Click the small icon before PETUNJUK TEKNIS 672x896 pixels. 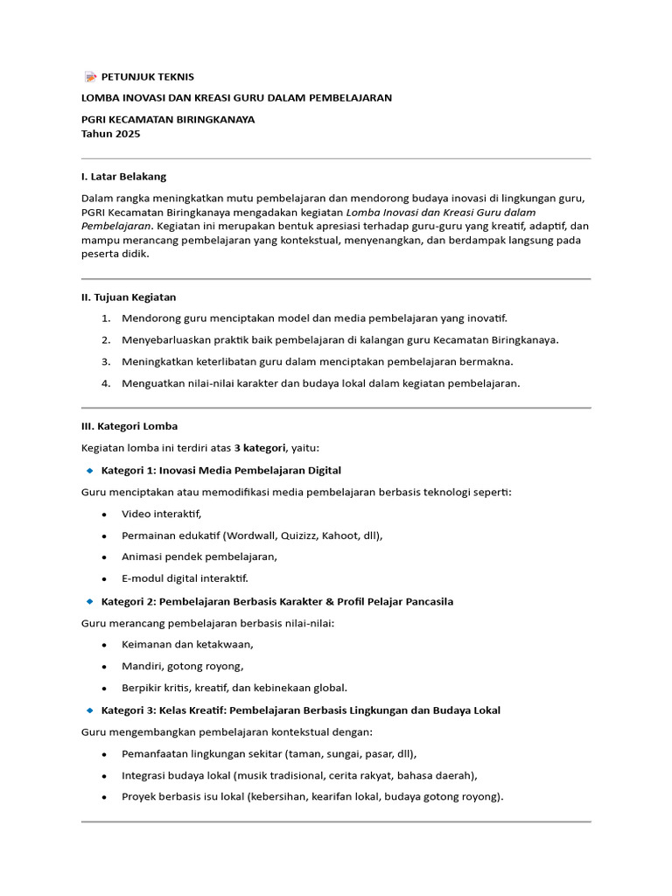pos(90,77)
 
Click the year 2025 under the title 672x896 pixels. pos(125,134)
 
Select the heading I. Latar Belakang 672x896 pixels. pos(123,176)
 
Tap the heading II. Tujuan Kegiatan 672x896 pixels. pos(129,297)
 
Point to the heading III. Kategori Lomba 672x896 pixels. pos(129,426)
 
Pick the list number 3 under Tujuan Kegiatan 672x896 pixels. pos(106,361)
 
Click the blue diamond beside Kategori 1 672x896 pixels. pos(89,470)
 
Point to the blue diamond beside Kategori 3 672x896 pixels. pos(89,710)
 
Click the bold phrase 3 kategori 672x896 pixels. pos(261,448)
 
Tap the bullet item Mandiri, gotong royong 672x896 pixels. pos(183,666)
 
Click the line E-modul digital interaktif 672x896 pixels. pos(185,578)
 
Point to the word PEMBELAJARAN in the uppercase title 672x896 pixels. pos(347,97)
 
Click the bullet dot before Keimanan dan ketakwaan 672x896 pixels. pos(105,645)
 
